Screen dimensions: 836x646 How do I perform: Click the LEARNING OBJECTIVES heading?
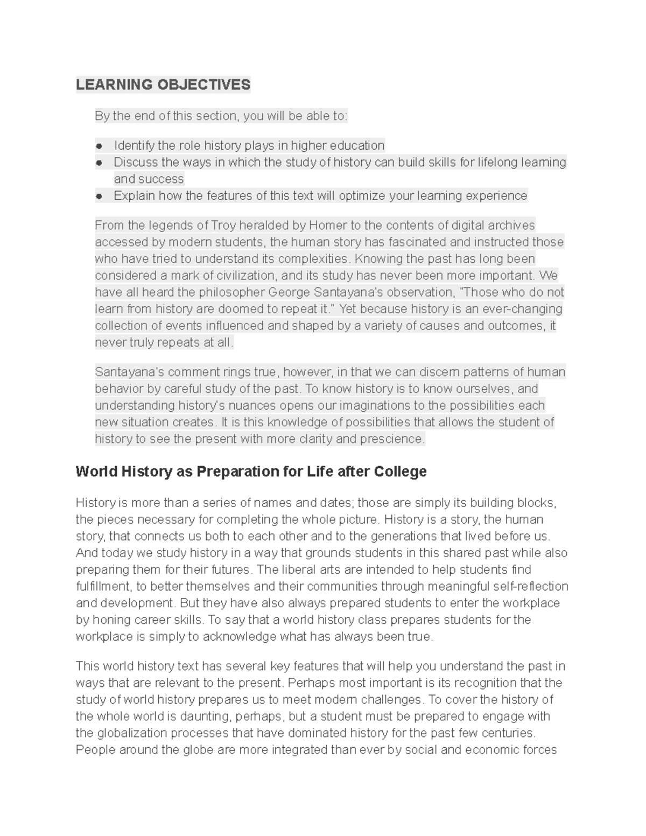point(163,85)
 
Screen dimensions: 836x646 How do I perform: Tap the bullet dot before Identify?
point(99,146)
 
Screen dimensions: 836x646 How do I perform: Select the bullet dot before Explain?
point(99,196)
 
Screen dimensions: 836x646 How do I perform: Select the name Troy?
point(223,225)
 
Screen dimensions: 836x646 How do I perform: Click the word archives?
point(511,225)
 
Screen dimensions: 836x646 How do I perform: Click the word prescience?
point(394,439)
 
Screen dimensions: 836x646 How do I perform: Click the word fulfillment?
point(103,586)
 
